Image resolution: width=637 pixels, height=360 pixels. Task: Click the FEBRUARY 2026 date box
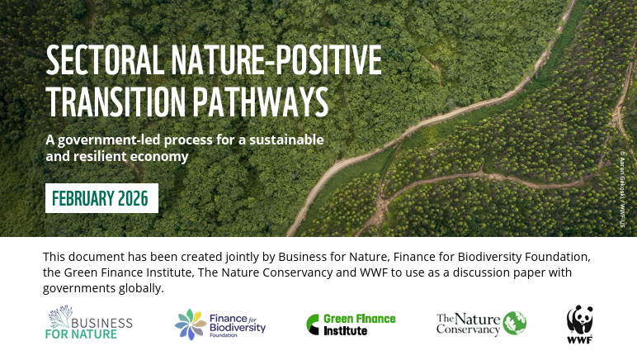point(101,199)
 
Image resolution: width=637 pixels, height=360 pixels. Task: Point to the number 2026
point(132,199)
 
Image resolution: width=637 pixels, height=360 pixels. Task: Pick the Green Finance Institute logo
point(351,324)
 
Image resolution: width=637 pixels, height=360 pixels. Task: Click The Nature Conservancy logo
point(481,324)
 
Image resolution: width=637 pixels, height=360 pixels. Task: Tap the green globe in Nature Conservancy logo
point(514,323)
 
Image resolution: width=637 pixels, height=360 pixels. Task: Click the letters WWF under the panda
point(579,339)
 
